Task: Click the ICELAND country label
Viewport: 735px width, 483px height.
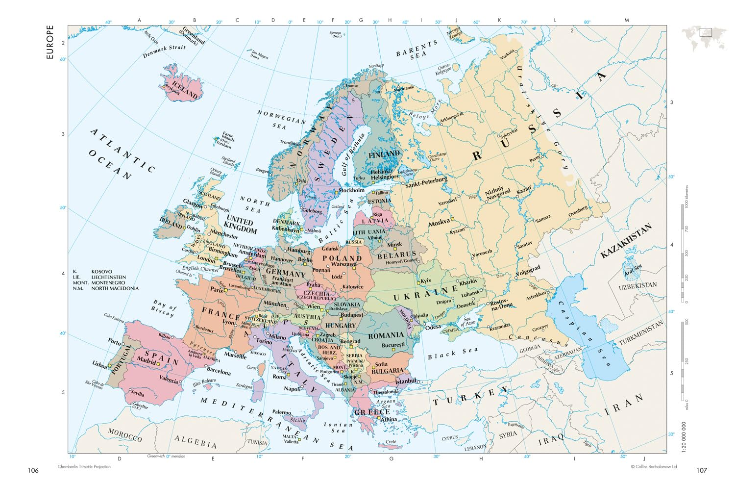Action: pos(184,86)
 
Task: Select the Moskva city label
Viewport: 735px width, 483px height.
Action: pos(439,223)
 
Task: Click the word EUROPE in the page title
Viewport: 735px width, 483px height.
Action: pos(49,42)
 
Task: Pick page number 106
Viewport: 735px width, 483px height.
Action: pos(33,470)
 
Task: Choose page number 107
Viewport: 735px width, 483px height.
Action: pos(702,470)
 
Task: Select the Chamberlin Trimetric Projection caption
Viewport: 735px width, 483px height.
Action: pos(84,467)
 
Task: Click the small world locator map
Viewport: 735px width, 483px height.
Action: pos(704,38)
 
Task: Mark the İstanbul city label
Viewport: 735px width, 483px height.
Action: pos(405,381)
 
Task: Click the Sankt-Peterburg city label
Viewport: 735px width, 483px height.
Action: pos(426,182)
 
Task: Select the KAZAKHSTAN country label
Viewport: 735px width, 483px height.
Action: pos(626,241)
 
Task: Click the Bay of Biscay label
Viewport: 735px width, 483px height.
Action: pos(163,308)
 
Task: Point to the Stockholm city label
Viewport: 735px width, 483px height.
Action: pos(351,190)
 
